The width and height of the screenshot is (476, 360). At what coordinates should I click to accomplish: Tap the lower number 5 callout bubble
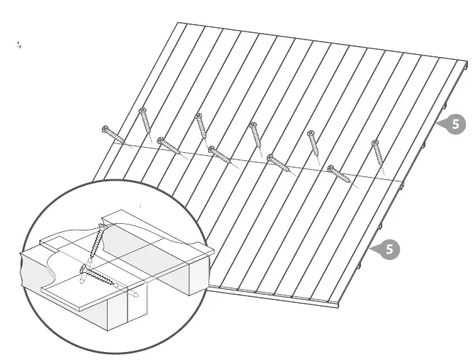pos(390,250)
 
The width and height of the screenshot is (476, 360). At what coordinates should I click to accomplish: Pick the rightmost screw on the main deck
pos(378,151)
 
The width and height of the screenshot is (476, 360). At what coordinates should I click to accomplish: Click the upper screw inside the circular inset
pos(96,245)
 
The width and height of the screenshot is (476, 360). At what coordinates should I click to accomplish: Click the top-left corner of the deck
pos(178,23)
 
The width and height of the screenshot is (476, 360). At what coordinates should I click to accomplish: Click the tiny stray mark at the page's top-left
pos(19,45)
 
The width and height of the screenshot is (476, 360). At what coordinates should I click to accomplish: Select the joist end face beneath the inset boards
pos(109,312)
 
